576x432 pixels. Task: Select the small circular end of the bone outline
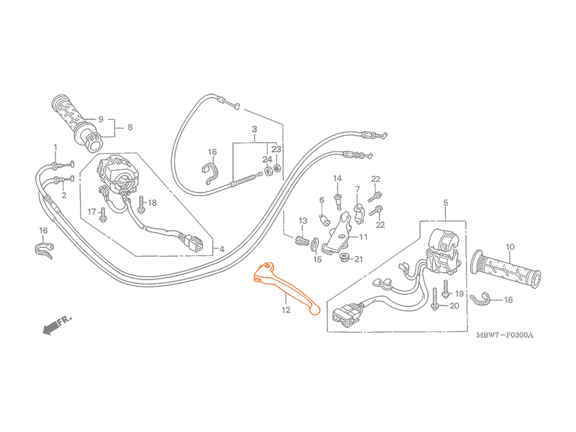[x=314, y=309]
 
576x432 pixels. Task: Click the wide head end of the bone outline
[x=263, y=275]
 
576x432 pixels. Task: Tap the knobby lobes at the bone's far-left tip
[x=256, y=277]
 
